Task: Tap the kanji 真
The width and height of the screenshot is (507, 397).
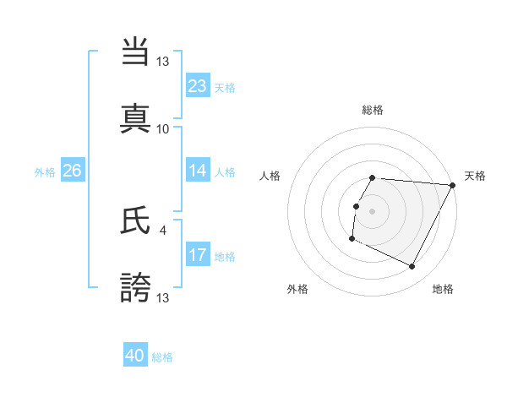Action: (x=136, y=118)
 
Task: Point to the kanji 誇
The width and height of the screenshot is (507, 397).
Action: (x=136, y=287)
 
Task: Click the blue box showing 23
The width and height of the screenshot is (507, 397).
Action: (x=197, y=85)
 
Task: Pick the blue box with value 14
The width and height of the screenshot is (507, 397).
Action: (x=197, y=171)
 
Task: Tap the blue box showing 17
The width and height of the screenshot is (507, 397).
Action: (x=197, y=254)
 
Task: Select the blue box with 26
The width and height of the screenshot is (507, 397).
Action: (x=72, y=171)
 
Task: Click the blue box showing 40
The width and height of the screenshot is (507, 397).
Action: (x=135, y=356)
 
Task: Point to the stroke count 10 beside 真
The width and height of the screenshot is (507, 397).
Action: (x=163, y=128)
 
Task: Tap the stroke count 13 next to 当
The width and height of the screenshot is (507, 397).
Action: (x=163, y=62)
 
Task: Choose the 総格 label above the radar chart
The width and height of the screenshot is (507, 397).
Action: (x=373, y=110)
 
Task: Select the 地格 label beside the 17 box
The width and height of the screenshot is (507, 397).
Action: (x=225, y=256)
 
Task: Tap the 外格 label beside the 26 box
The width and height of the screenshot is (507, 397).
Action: (x=45, y=172)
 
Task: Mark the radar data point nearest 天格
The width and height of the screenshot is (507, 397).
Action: (x=452, y=185)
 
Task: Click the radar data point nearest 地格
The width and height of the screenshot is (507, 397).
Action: (x=412, y=267)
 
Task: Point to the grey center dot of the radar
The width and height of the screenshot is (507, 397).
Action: (x=373, y=210)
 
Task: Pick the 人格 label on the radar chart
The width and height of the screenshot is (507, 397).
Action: (x=270, y=176)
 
